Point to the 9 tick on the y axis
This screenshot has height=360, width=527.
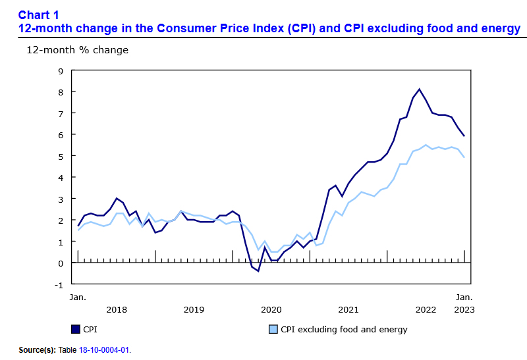[61, 70]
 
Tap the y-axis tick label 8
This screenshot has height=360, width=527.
[61, 92]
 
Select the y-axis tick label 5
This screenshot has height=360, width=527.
[61, 157]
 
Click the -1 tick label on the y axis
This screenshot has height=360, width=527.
[59, 285]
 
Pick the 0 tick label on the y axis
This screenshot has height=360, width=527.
[61, 263]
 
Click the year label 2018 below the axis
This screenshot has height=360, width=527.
[117, 309]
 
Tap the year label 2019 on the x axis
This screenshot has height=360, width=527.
[194, 309]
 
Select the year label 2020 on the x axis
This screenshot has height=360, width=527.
[271, 309]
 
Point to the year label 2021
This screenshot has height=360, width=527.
[348, 309]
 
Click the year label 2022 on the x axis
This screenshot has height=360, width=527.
[425, 309]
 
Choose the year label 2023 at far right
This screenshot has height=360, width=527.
[464, 309]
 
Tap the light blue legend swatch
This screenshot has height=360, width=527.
[272, 329]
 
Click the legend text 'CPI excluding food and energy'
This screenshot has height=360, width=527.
[344, 329]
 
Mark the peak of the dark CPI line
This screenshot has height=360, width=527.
[419, 89]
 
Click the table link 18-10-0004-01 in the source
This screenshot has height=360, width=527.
[105, 350]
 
